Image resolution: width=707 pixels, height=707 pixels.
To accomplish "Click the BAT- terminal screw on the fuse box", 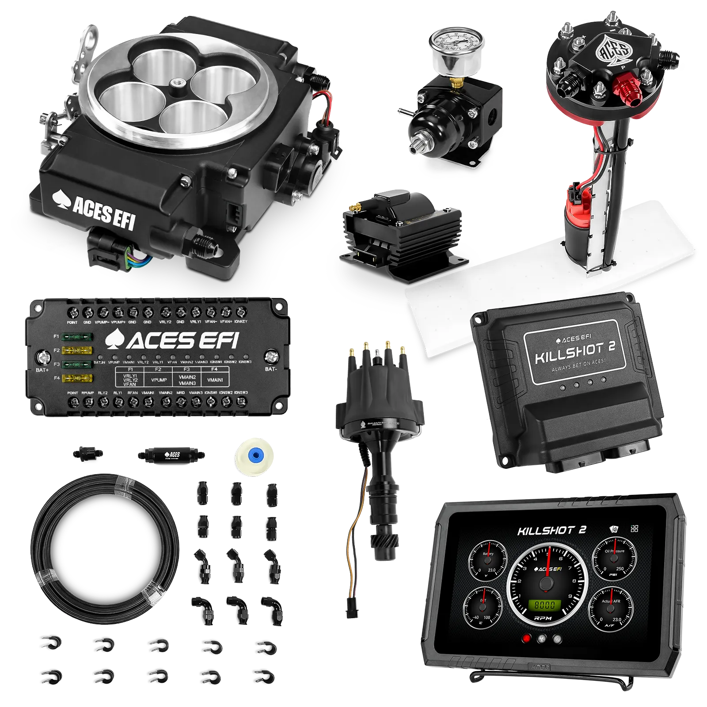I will point(271,357).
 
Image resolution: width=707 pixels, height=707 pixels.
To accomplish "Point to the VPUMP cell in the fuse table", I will point(159,380).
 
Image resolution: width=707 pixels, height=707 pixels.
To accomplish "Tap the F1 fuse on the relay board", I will point(77,338).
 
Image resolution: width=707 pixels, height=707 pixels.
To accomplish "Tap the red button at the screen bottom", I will point(526,639).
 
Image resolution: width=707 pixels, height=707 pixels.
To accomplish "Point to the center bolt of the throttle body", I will point(180,83).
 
